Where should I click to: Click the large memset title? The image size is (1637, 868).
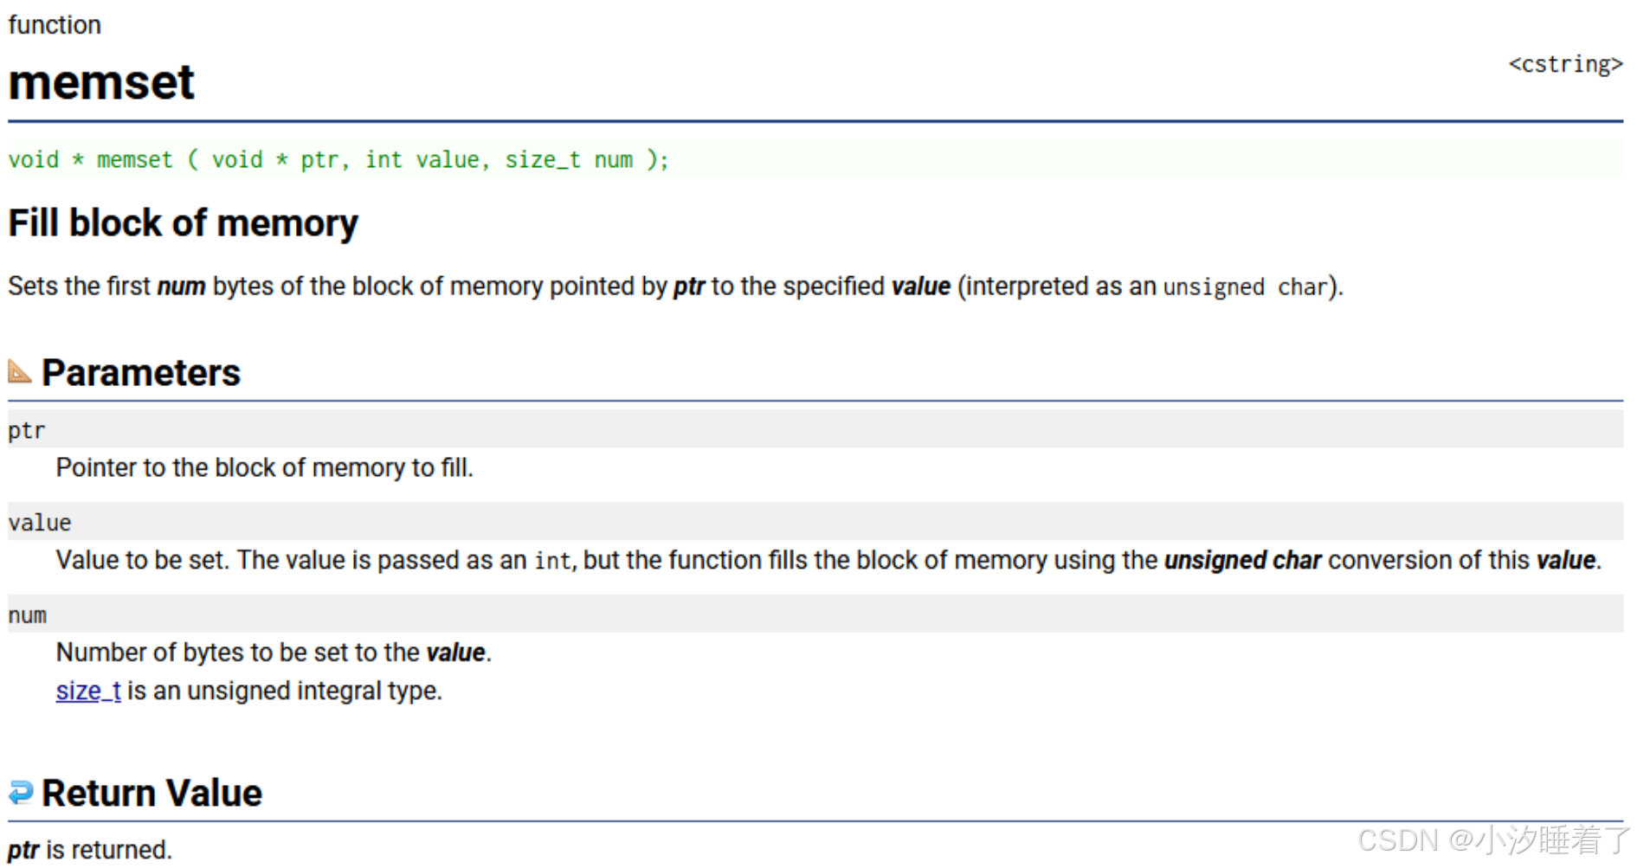click(x=101, y=83)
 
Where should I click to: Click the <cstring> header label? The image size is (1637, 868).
click(x=1564, y=65)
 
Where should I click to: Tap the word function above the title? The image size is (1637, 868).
click(x=55, y=25)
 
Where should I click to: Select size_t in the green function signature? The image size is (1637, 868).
click(x=542, y=160)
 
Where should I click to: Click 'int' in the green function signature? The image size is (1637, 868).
click(x=383, y=160)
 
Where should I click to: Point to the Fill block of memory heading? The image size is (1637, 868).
click(x=183, y=223)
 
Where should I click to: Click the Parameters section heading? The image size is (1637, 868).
click(x=141, y=373)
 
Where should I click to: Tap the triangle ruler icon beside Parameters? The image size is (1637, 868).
click(x=19, y=371)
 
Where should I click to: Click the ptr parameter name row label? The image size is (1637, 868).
click(x=26, y=430)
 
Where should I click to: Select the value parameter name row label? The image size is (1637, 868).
click(x=40, y=523)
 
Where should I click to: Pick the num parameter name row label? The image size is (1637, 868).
click(x=27, y=615)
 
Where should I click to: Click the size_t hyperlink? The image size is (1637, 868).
click(x=88, y=691)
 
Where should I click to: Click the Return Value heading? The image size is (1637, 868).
click(x=151, y=793)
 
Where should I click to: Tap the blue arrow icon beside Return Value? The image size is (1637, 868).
click(x=20, y=792)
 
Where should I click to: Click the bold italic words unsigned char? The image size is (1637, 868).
click(x=1242, y=560)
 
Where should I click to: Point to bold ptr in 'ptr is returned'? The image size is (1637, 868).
click(x=23, y=850)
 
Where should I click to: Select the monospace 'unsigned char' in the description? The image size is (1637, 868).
click(x=1245, y=287)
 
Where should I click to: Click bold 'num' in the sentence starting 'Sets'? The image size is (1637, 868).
click(x=181, y=286)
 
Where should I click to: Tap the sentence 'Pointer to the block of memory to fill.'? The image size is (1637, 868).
click(x=264, y=467)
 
